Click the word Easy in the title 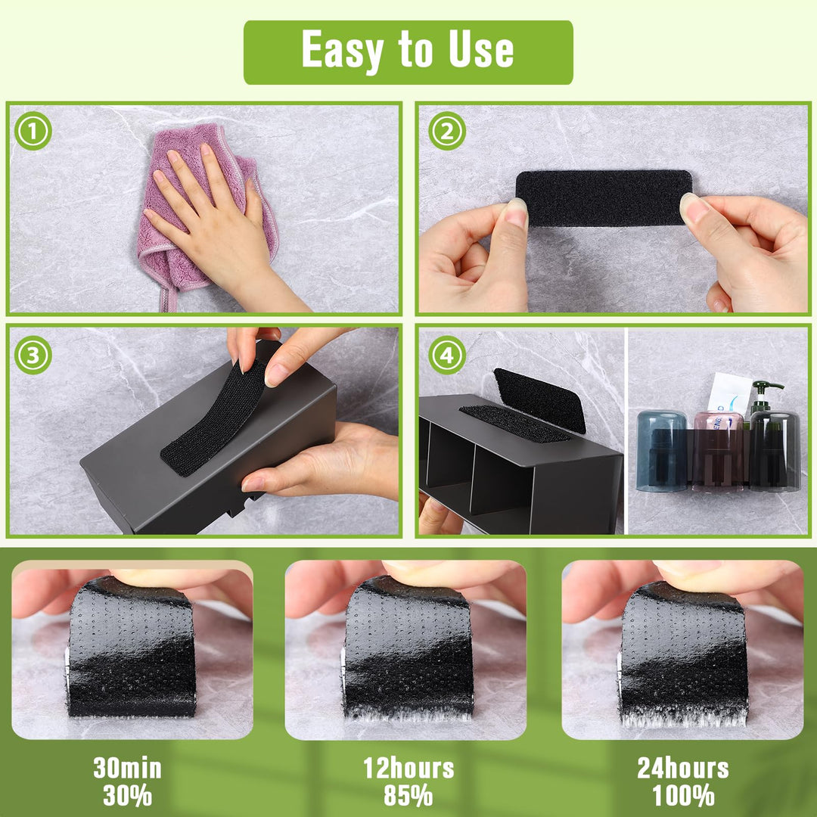(x=343, y=51)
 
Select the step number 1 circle (x=33, y=131)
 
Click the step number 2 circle (x=447, y=131)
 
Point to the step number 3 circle (x=33, y=355)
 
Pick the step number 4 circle (x=447, y=355)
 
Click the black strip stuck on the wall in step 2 (x=604, y=198)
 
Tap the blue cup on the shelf (x=662, y=451)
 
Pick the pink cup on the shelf (x=718, y=451)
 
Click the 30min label (x=128, y=768)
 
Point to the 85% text (x=408, y=796)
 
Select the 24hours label (x=683, y=768)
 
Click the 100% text (x=683, y=796)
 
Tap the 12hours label (x=408, y=768)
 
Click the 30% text (x=128, y=796)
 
